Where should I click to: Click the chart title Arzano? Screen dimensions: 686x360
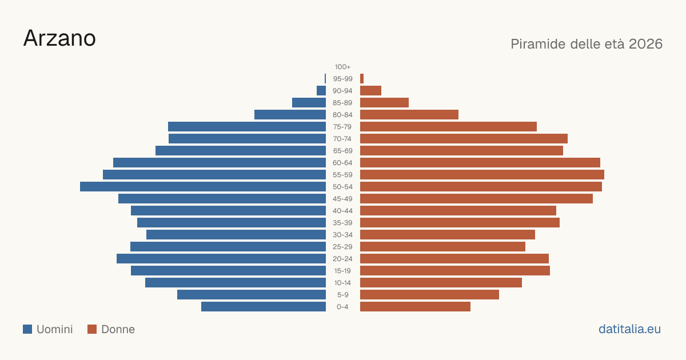(x=59, y=38)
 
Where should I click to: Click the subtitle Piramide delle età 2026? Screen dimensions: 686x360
(x=587, y=44)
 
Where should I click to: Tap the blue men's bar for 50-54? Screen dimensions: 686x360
(x=203, y=187)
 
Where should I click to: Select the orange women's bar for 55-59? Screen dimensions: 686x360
(x=482, y=175)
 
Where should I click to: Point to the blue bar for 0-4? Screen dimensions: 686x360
(x=264, y=307)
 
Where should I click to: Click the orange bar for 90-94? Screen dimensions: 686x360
(x=370, y=91)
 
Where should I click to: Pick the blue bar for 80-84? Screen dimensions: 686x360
(x=290, y=115)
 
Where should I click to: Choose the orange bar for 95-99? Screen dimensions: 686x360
(x=362, y=79)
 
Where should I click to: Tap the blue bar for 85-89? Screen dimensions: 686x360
(x=309, y=103)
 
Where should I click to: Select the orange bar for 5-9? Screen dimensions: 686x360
(x=429, y=295)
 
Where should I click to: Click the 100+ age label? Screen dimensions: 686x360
(x=342, y=67)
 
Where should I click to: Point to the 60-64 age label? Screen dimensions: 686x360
(x=342, y=163)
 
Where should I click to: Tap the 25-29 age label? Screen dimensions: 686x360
(x=342, y=247)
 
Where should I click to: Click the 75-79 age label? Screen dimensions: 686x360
(x=342, y=127)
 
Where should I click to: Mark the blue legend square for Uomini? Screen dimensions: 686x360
(x=27, y=329)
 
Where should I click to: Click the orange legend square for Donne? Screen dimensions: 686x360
(x=92, y=329)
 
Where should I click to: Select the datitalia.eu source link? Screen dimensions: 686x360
(x=629, y=329)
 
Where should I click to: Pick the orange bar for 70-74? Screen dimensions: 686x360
(x=464, y=139)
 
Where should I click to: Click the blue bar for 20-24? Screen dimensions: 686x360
(x=221, y=259)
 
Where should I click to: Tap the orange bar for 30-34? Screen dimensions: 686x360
(x=448, y=235)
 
